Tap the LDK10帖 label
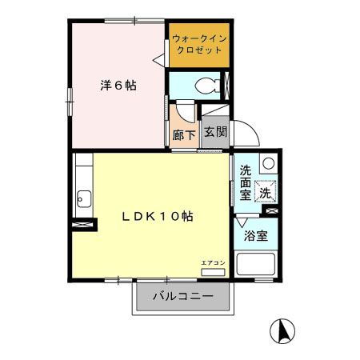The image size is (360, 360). tap(156, 216)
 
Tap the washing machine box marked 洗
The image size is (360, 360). tap(265, 191)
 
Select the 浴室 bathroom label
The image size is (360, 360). tap(256, 236)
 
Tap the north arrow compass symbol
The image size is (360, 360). tap(282, 330)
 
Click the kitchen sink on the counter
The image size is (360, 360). tap(82, 198)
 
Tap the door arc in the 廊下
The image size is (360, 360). tap(184, 111)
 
